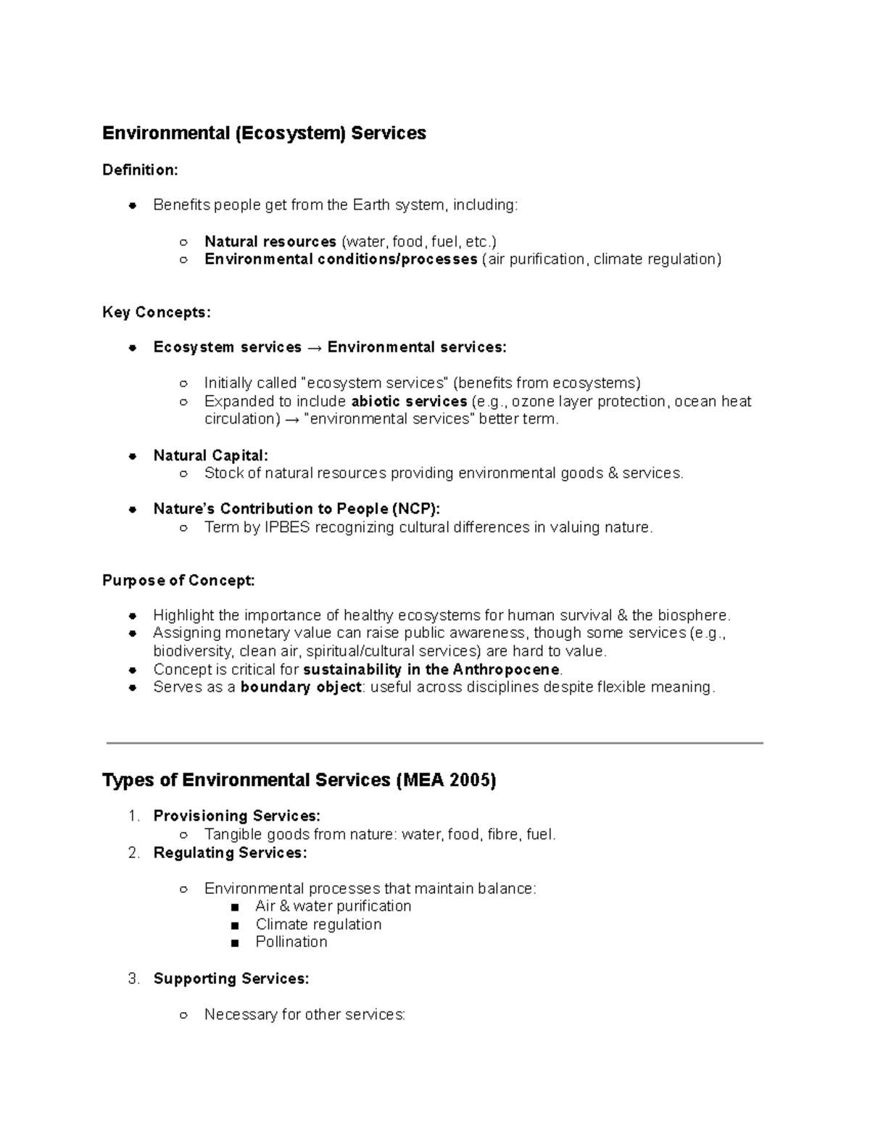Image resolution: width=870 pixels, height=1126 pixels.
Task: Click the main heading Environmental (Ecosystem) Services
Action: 264,133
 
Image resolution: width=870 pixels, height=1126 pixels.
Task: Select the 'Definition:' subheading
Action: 140,170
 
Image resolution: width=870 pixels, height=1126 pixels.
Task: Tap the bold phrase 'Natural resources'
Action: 270,241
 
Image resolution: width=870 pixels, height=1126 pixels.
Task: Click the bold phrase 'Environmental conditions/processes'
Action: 341,260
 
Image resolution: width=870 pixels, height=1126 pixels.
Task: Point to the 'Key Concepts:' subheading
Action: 157,312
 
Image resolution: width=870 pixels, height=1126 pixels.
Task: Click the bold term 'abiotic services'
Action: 409,402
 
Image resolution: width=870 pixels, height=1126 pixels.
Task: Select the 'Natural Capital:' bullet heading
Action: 210,455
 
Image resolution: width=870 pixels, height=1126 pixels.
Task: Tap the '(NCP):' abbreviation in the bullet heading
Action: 415,509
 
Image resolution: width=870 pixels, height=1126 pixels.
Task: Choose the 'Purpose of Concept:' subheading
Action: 178,581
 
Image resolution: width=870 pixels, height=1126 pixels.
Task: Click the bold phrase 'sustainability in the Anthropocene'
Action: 431,669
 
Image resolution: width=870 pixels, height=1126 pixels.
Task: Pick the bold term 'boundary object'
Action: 301,687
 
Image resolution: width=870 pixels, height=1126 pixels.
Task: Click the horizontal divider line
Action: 435,743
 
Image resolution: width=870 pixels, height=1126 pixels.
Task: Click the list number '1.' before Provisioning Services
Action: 133,816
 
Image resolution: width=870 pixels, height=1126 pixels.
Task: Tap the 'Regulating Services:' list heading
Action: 230,853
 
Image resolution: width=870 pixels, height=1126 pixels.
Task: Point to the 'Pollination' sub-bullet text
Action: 291,942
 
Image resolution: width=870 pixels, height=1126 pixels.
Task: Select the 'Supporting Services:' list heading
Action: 231,979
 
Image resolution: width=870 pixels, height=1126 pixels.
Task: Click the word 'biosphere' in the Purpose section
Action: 692,616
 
